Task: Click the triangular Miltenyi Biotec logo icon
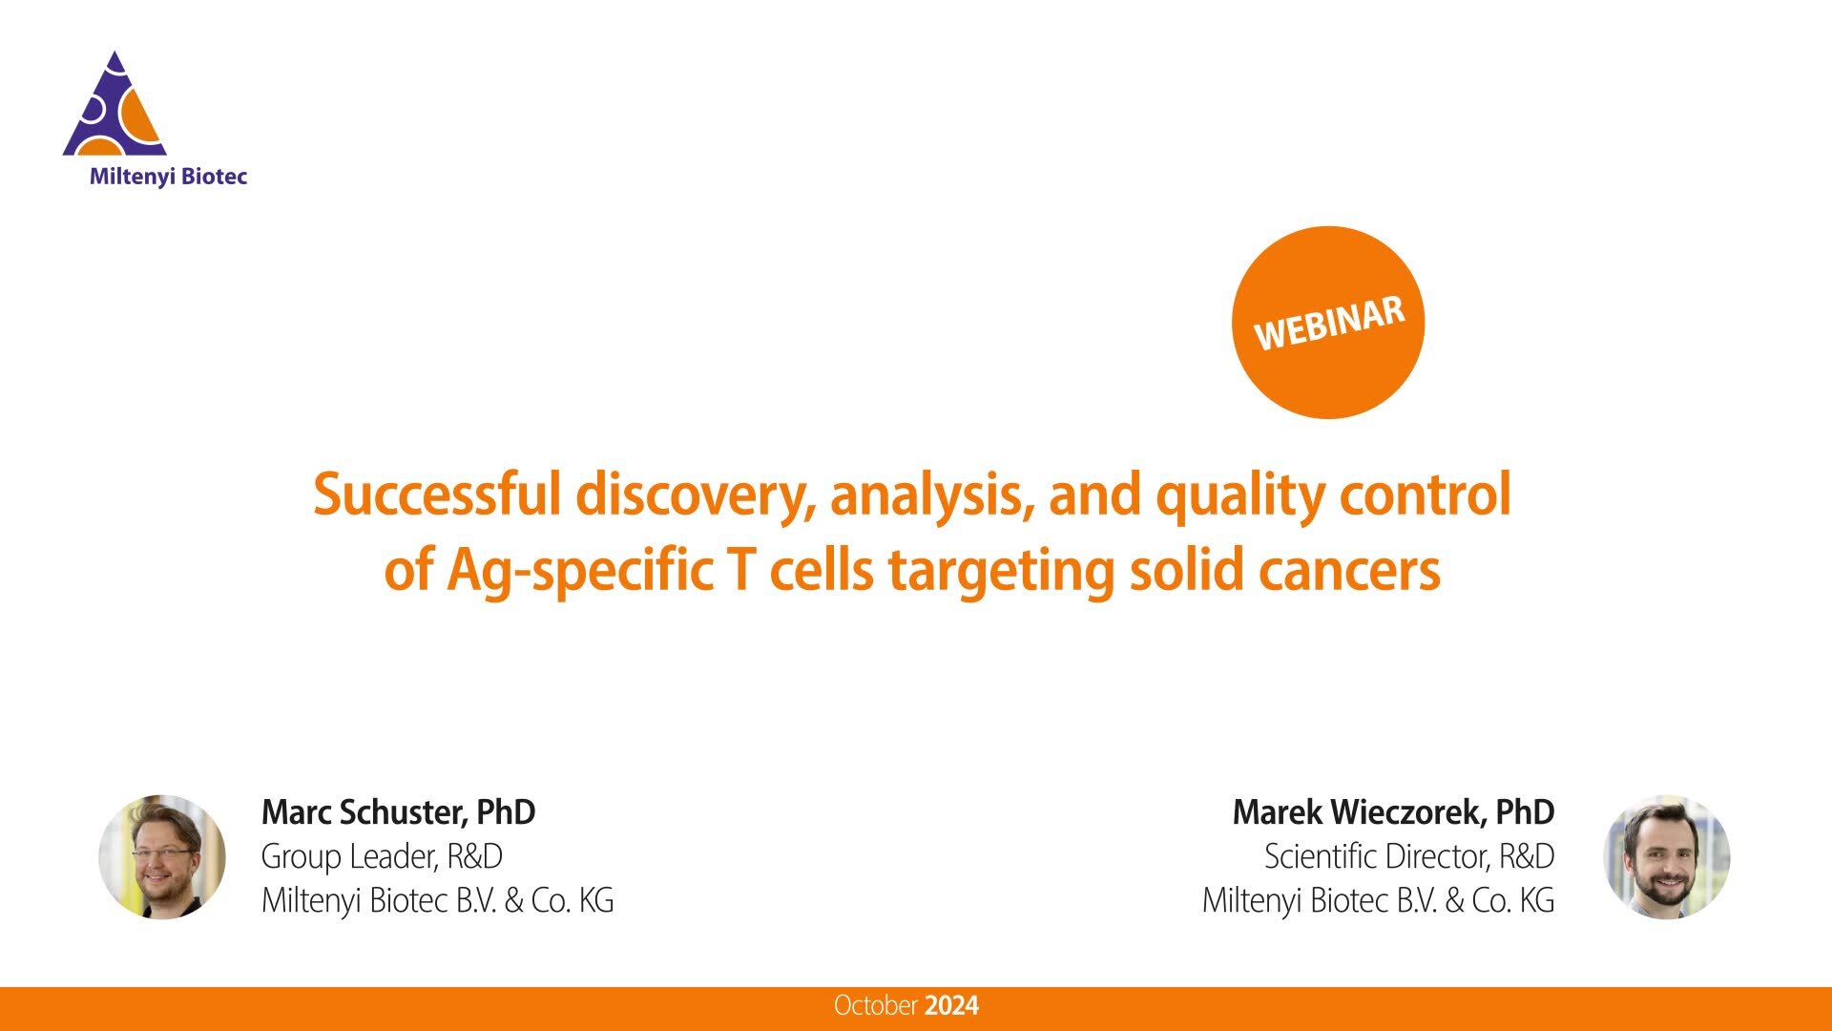115,108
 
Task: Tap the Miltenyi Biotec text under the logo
168,177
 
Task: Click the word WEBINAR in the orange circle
1328,323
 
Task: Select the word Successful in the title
436,494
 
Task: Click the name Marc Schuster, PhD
398,812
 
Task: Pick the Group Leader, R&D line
382,856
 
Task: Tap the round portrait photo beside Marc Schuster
162,856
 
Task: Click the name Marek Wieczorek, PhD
1393,812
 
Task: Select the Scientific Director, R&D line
1409,856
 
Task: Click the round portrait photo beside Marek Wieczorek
1666,856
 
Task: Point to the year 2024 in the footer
952,1005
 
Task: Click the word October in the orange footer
875,1005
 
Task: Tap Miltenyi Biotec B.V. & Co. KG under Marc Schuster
437,900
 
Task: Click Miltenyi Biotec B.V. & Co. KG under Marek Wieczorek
1378,900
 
